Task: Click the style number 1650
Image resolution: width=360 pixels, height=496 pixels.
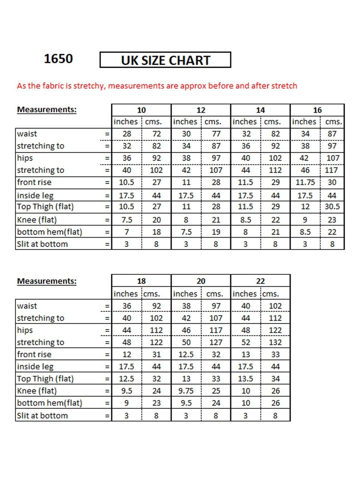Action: (58, 59)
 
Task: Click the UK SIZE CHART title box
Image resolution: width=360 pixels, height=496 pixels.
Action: (165, 60)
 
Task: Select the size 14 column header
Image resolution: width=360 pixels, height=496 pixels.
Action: (260, 110)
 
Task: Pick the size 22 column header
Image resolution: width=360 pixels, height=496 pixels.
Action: (260, 281)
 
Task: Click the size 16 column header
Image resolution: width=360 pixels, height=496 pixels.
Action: (317, 110)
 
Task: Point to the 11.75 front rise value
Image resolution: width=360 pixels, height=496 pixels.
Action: (305, 183)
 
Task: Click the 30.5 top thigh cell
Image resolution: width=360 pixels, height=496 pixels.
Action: (332, 207)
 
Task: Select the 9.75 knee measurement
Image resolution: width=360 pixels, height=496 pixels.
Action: (186, 391)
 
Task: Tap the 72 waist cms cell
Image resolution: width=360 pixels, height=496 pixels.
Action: (157, 134)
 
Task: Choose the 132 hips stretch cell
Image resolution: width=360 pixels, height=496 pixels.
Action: (275, 342)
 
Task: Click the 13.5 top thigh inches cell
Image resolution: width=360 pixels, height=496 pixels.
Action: (245, 379)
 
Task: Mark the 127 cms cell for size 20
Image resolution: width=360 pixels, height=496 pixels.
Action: (216, 342)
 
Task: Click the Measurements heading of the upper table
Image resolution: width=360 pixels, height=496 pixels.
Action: (47, 110)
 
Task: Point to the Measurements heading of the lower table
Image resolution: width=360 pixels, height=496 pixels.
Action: (47, 281)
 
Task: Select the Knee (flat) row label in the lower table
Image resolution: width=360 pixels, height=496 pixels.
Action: (37, 391)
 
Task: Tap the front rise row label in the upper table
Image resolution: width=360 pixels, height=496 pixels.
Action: (34, 183)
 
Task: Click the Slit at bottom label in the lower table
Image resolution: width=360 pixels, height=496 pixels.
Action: (42, 416)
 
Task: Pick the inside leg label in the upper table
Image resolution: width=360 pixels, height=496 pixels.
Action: (35, 196)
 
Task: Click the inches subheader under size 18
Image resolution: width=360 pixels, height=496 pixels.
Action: (125, 294)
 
